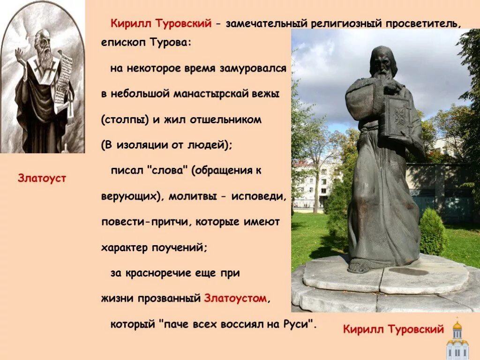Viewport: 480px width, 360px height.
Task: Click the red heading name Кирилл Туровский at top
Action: point(161,23)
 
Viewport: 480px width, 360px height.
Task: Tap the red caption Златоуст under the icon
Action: point(42,178)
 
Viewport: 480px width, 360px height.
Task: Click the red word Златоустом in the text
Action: point(235,298)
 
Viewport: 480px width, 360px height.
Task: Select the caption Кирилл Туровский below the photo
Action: point(393,329)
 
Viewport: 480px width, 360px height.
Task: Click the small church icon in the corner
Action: point(457,339)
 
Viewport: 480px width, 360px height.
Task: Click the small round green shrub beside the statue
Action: point(432,232)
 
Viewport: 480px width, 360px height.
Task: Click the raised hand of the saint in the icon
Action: point(20,55)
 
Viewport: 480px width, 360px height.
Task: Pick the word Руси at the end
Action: point(297,324)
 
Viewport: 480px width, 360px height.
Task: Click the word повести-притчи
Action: point(145,222)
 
